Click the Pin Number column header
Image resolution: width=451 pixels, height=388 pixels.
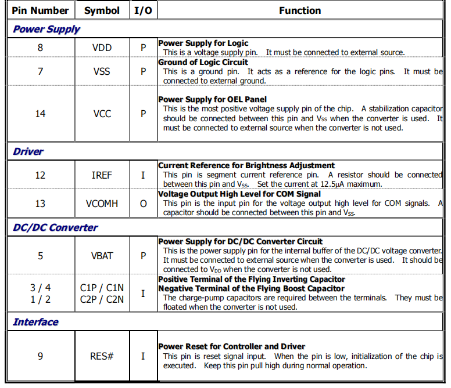point(40,10)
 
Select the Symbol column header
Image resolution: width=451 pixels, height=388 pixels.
point(102,10)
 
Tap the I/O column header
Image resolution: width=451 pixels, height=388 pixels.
point(143,10)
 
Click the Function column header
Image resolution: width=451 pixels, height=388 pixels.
point(299,10)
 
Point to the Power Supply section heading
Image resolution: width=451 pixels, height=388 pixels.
point(46,29)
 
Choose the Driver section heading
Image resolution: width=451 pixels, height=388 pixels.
point(28,152)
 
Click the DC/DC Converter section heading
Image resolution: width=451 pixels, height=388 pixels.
point(55,227)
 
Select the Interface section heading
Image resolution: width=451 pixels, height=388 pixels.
point(36,322)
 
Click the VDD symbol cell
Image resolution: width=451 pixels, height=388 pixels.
point(102,48)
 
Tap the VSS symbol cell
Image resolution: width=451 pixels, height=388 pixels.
point(102,71)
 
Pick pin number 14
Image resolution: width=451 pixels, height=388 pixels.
point(40,114)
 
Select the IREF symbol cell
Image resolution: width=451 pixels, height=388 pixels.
point(102,175)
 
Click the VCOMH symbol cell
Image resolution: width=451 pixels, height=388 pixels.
point(102,203)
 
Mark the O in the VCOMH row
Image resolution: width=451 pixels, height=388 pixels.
point(143,203)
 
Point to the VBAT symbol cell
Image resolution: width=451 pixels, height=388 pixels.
point(102,255)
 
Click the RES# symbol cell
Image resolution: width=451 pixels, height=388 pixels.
point(102,356)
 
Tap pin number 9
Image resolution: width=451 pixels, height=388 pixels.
point(40,356)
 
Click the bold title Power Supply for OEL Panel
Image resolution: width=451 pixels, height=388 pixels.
point(213,99)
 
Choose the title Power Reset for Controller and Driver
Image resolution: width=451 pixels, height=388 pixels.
point(231,346)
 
